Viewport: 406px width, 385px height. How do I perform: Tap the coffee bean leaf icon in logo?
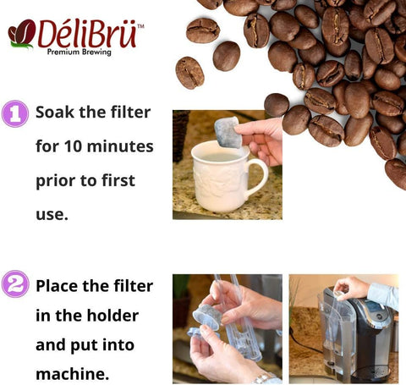(x=21, y=34)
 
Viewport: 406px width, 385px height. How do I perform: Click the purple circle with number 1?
(x=15, y=113)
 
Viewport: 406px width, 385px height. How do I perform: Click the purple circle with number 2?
(x=15, y=284)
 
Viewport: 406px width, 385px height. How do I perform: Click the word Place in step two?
(x=59, y=285)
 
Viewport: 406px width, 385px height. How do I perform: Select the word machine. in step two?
(x=72, y=373)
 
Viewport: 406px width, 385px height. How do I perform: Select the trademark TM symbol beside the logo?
(x=140, y=26)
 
